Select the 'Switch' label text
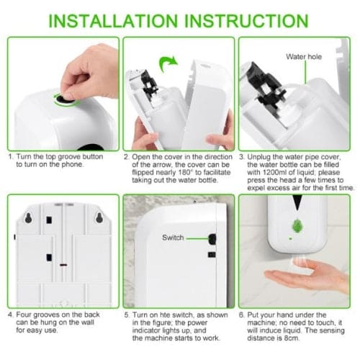coord(173,237)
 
